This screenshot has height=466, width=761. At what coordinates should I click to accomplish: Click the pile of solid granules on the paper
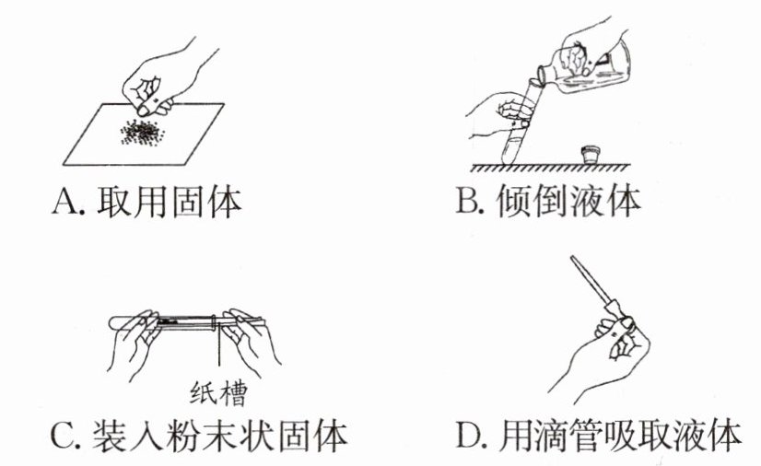pyautogui.click(x=142, y=132)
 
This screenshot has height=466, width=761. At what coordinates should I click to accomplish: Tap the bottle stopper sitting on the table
pyautogui.click(x=591, y=155)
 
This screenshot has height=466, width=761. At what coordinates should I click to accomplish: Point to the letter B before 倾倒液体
pyautogui.click(x=468, y=201)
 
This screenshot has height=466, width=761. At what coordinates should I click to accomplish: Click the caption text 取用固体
pyautogui.click(x=169, y=202)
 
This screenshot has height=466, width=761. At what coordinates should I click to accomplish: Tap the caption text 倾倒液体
pyautogui.click(x=568, y=201)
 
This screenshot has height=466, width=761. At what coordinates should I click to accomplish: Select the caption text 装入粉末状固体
pyautogui.click(x=219, y=436)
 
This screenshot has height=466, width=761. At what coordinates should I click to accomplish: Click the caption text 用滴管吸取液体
pyautogui.click(x=619, y=435)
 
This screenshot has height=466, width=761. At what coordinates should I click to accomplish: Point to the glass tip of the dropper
pyautogui.click(x=573, y=259)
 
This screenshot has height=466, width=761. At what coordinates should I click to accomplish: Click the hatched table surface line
pyautogui.click(x=551, y=168)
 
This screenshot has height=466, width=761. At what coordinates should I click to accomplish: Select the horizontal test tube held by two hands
pyautogui.click(x=187, y=321)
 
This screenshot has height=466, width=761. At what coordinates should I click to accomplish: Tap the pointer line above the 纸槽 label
pyautogui.click(x=219, y=345)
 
